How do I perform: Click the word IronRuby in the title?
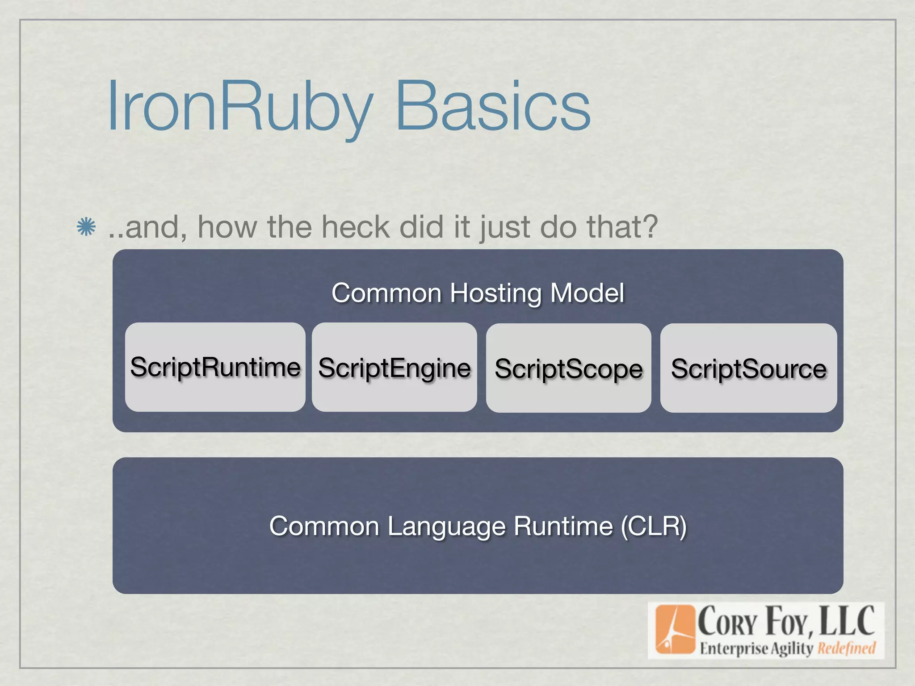click(239, 107)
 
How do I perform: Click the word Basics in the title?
click(493, 107)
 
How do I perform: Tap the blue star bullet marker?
click(86, 227)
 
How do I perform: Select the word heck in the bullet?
click(356, 227)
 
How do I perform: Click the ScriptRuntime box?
click(215, 367)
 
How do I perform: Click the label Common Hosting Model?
click(478, 293)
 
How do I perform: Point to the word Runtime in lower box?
click(563, 526)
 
